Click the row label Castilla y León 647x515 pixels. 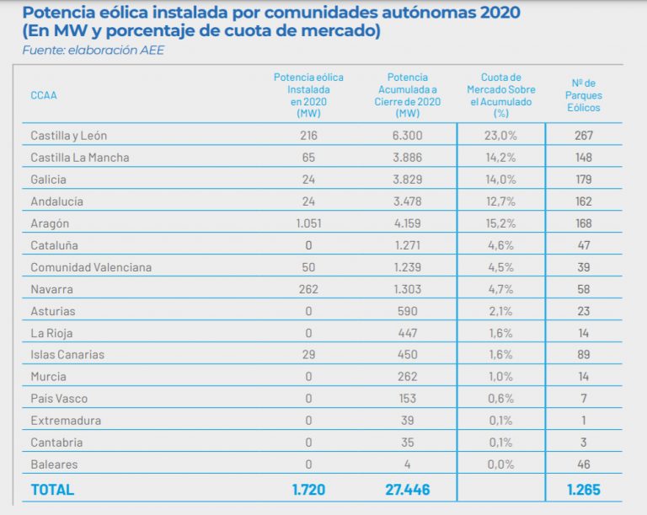pos(68,136)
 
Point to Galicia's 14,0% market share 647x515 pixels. pos(500,180)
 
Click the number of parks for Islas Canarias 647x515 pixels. pos(584,355)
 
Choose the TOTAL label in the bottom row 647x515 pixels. pos(52,489)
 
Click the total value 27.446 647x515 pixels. pos(407,489)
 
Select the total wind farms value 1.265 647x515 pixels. pos(584,489)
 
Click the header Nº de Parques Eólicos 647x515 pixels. pos(584,95)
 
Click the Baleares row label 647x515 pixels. pos(54,464)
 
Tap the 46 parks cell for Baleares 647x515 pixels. pos(584,464)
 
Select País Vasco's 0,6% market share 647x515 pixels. pos(500,399)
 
